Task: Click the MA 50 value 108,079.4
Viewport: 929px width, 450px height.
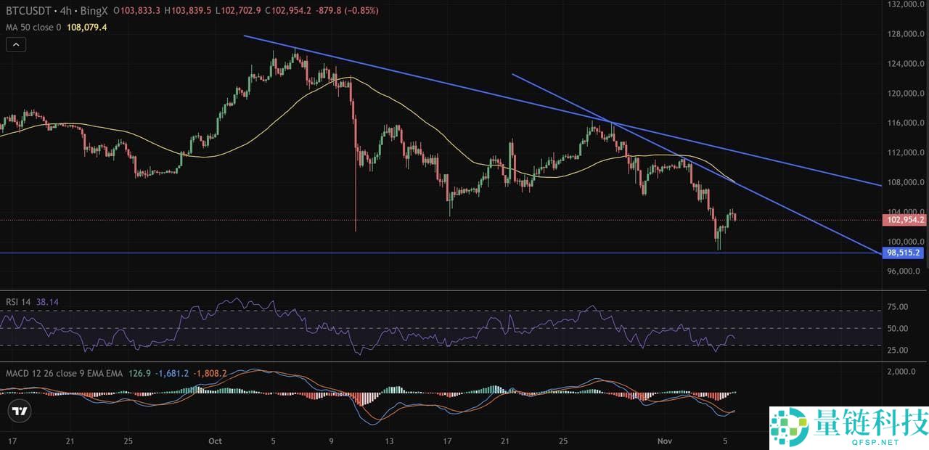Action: tap(86, 28)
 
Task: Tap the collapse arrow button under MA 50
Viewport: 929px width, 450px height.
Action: tap(16, 44)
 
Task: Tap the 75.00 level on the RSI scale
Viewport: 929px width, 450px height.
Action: tap(899, 307)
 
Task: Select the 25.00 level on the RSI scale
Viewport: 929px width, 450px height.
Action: tap(899, 350)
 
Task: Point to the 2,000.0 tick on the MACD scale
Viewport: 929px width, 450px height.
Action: tap(901, 372)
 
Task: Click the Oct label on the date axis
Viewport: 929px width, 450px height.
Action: tap(214, 441)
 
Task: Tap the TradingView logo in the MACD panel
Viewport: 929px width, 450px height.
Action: tap(20, 412)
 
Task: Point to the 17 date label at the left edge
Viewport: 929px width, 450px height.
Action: tap(12, 441)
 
